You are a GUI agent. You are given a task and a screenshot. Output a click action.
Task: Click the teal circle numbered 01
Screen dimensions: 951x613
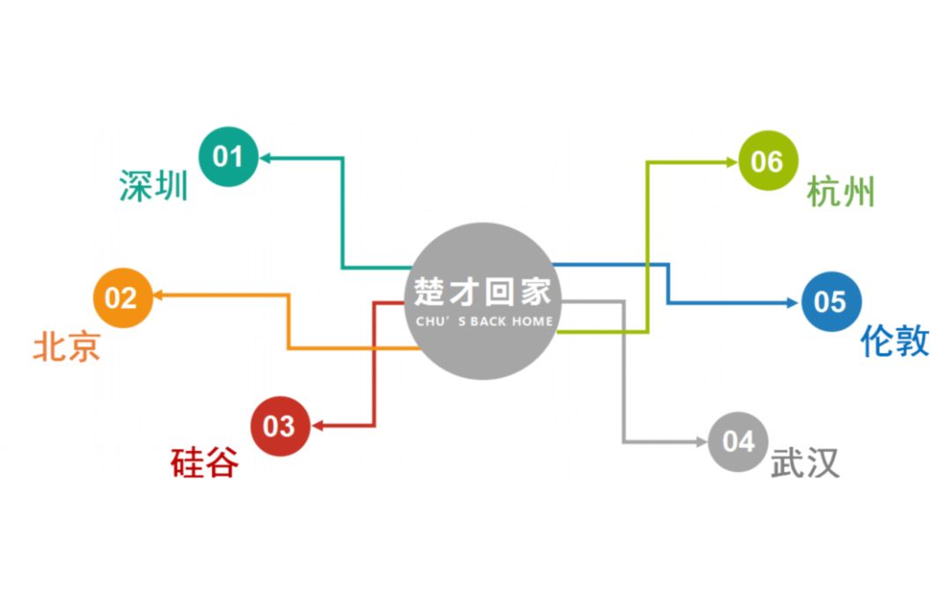(x=228, y=158)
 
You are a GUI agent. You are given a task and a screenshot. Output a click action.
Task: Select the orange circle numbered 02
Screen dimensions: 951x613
(x=122, y=298)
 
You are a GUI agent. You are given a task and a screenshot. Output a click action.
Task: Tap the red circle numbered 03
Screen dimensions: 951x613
(x=279, y=426)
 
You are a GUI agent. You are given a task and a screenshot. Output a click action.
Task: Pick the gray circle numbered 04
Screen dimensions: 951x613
(x=739, y=440)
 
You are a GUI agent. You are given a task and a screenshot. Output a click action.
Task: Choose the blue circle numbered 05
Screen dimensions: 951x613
(x=830, y=302)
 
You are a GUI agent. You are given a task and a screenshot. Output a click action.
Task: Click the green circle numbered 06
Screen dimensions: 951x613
(x=767, y=161)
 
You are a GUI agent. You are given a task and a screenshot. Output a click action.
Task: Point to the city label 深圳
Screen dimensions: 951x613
(x=153, y=186)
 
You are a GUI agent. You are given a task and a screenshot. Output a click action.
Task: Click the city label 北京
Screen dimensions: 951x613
(x=66, y=346)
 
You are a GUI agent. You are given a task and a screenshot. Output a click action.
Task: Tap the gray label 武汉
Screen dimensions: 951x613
(x=805, y=463)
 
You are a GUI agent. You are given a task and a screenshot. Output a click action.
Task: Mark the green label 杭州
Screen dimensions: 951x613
(x=841, y=191)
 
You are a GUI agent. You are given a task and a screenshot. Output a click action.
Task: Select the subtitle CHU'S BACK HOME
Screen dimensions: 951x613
(x=483, y=321)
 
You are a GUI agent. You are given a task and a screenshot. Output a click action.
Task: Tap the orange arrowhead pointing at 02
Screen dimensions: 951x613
(x=158, y=296)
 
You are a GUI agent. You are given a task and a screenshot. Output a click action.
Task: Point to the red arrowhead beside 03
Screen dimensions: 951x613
(x=316, y=426)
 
